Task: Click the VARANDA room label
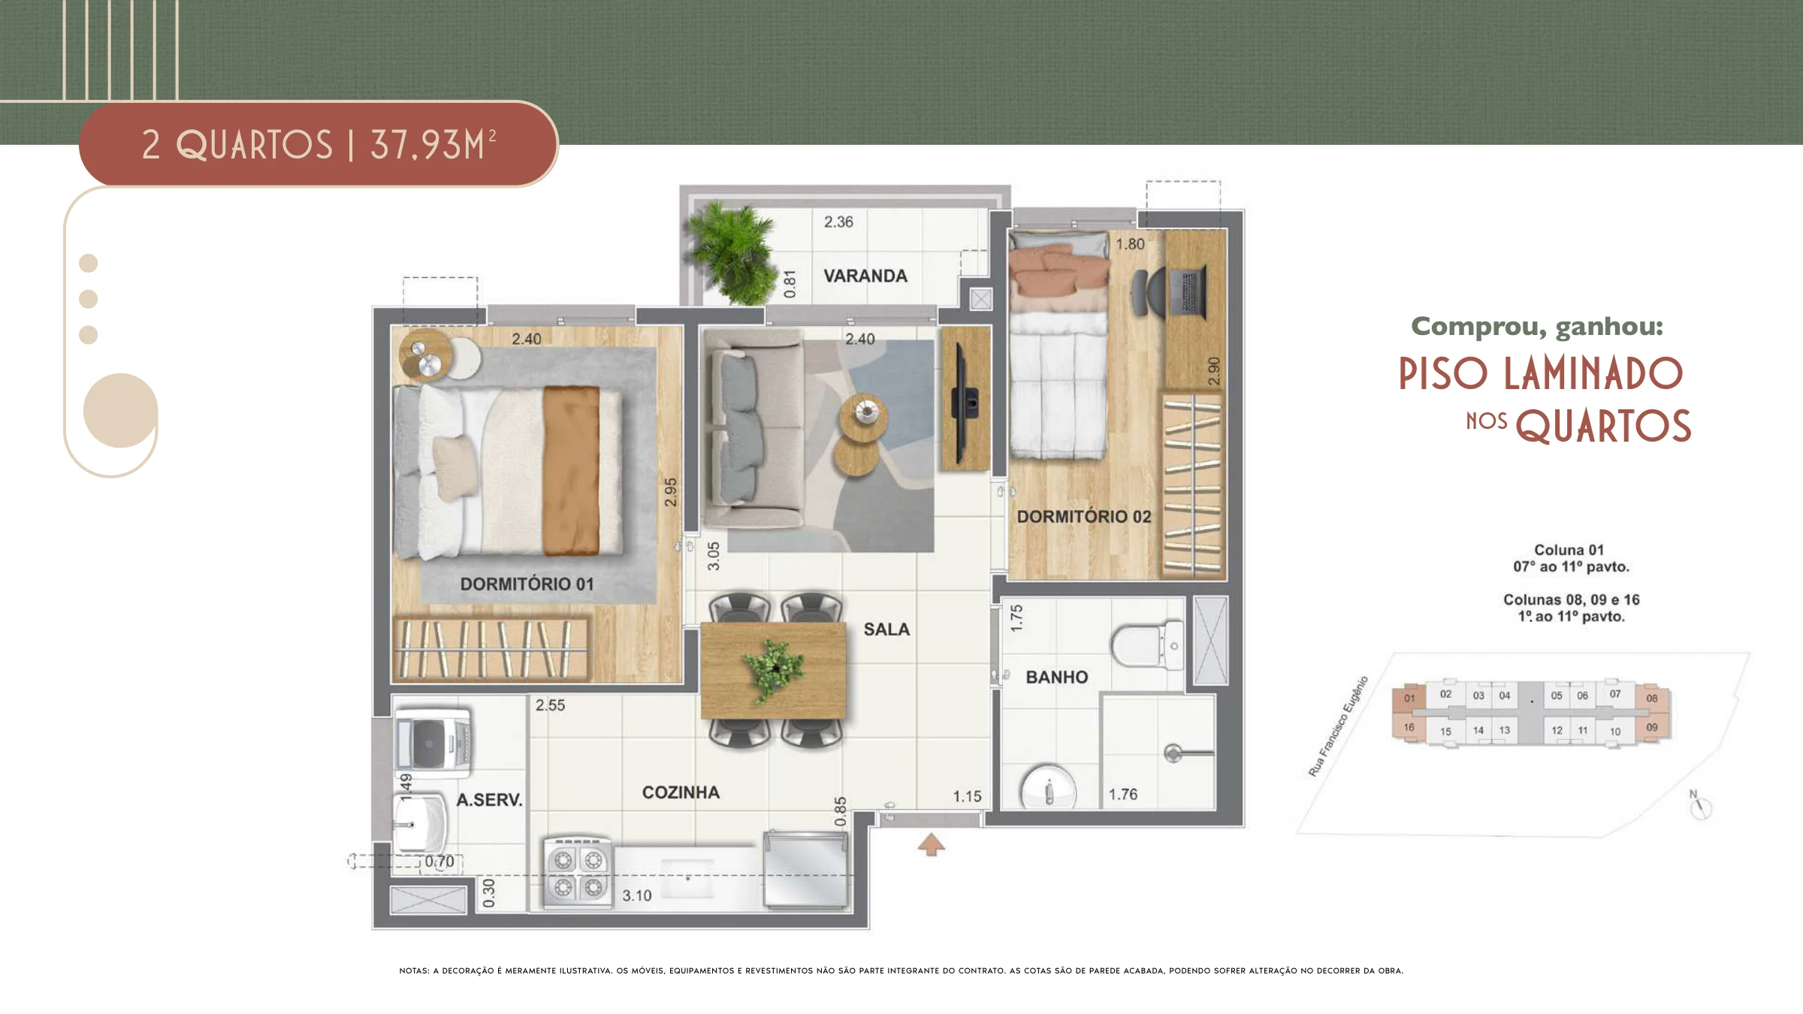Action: (865, 276)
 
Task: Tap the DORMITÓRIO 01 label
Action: (527, 584)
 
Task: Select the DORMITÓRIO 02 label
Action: (1084, 517)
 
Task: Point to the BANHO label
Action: (1057, 678)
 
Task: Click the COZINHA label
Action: (681, 792)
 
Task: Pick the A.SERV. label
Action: (489, 800)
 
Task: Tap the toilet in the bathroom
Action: (1148, 645)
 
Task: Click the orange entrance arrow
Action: (932, 845)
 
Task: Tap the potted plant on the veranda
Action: (732, 252)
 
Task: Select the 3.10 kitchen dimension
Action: (637, 895)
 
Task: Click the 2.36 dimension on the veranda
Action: (838, 222)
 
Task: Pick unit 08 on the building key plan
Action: (1651, 698)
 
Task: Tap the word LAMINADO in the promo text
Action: (1593, 374)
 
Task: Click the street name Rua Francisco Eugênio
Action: (1338, 726)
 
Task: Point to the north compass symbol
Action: (1700, 806)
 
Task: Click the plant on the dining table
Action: (774, 668)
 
